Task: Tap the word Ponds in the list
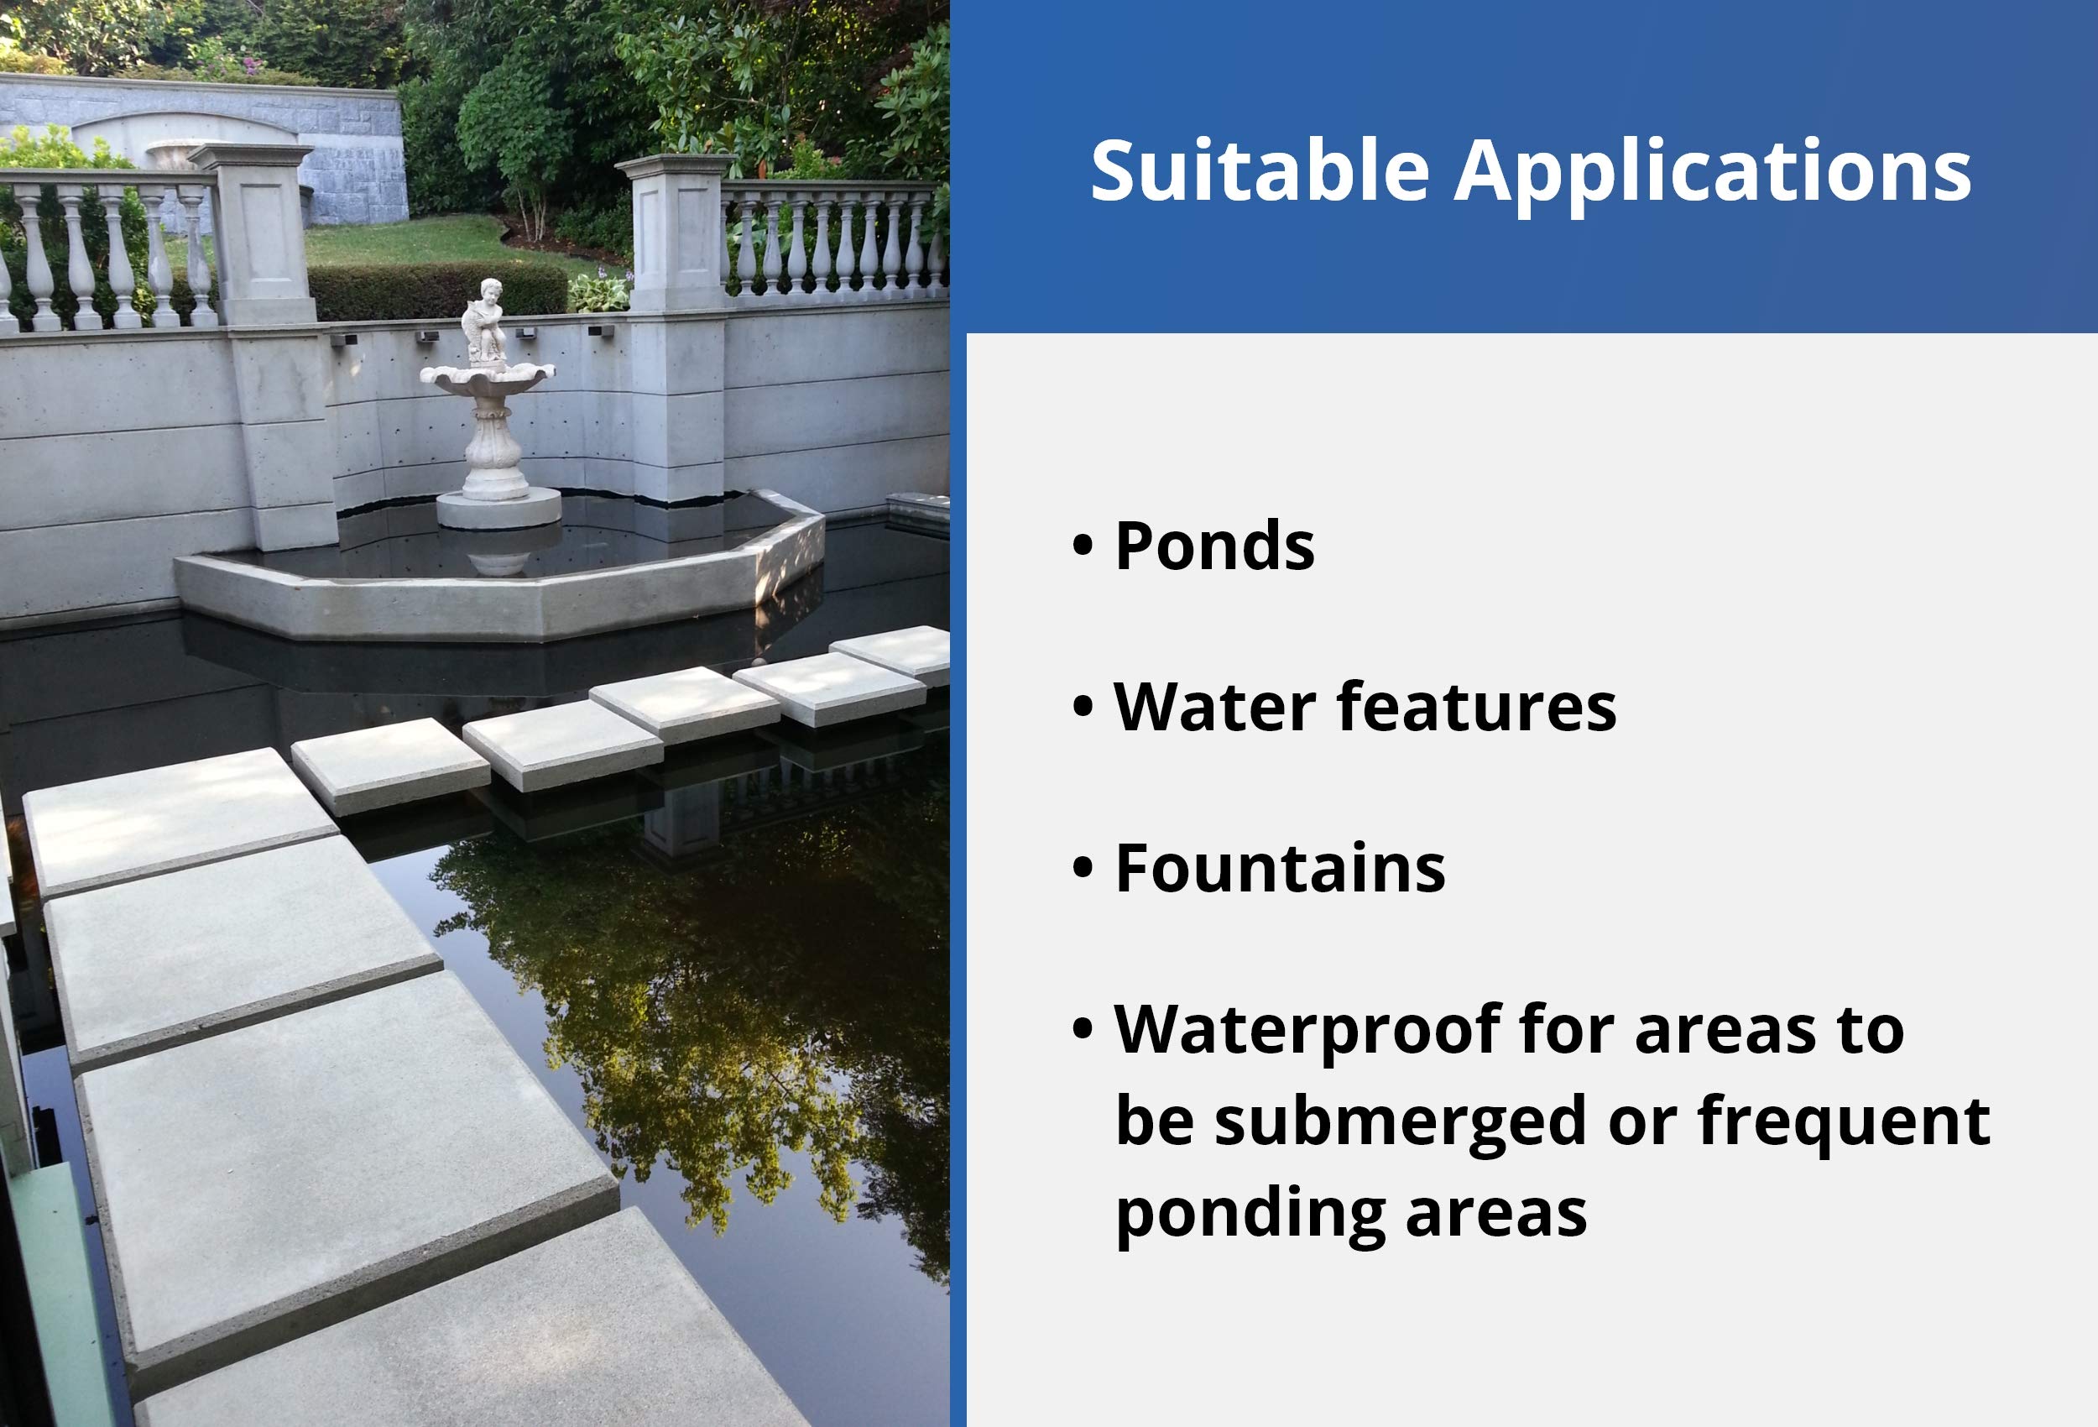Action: click(x=1214, y=546)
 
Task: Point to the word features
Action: click(x=1477, y=706)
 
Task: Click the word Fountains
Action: click(x=1279, y=868)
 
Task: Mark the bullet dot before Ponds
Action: click(x=1083, y=546)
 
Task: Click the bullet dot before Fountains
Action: click(x=1083, y=868)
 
